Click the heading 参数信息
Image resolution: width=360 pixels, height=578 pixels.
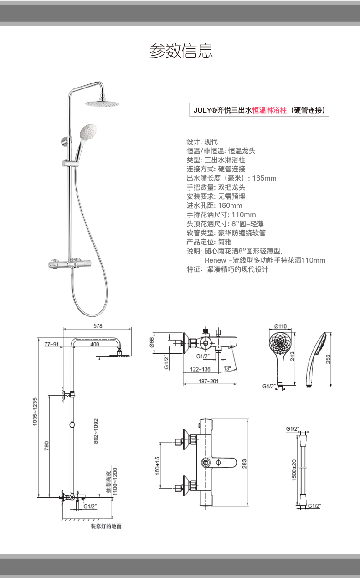click(x=181, y=51)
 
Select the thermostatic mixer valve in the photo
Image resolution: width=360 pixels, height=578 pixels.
click(x=70, y=264)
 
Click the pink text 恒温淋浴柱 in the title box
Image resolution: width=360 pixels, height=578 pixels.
click(x=269, y=110)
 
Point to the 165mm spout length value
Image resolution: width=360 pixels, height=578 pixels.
click(x=264, y=178)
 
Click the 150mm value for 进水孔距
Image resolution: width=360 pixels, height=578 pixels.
click(x=230, y=206)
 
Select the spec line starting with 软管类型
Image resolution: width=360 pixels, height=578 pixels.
click(x=226, y=233)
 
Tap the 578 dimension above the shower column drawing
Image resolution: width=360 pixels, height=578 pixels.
click(x=98, y=326)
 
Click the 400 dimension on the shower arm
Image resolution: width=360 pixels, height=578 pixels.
click(x=95, y=345)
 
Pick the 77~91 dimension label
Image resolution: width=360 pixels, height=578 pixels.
click(x=51, y=345)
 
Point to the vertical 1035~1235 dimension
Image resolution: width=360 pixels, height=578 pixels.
click(x=35, y=412)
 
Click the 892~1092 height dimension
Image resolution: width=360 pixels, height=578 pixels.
click(x=96, y=431)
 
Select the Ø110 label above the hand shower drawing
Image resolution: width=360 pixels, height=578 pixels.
click(x=281, y=326)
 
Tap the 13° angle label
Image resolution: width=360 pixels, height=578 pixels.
click(x=227, y=368)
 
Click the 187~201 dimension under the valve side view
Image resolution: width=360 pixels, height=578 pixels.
click(x=208, y=381)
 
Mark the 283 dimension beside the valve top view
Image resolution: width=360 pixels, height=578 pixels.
click(x=244, y=464)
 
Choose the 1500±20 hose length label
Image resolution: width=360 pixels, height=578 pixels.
click(x=294, y=470)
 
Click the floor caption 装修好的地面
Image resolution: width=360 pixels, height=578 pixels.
click(x=106, y=526)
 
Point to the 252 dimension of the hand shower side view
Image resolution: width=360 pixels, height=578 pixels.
click(x=328, y=359)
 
